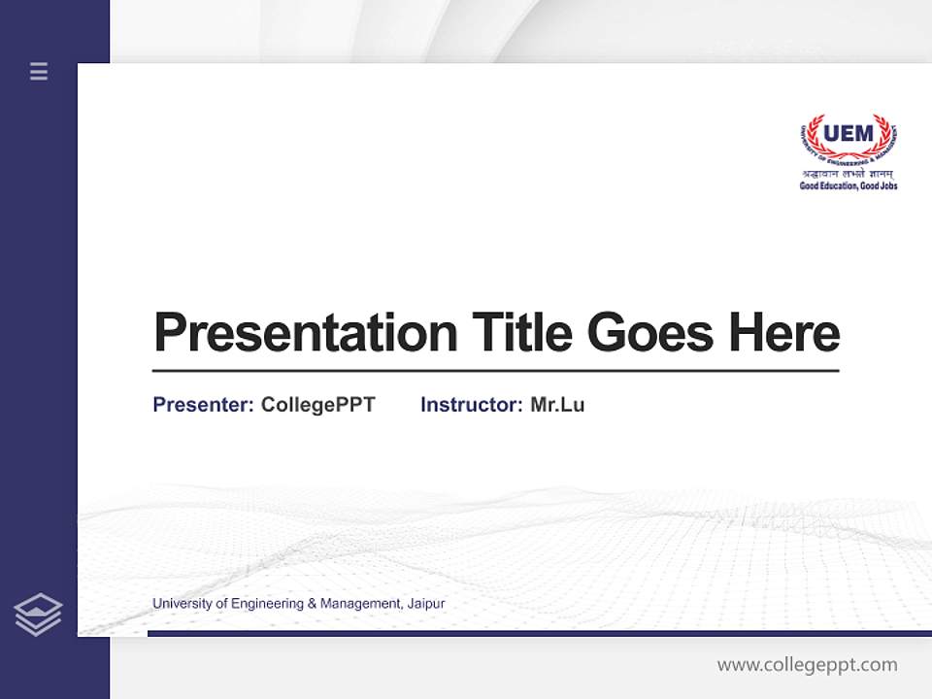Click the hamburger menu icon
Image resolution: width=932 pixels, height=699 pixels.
[x=39, y=71]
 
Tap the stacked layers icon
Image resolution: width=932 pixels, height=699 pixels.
[x=38, y=615]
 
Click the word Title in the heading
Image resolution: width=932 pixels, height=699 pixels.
[x=522, y=332]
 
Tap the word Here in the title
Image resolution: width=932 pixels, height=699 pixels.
[x=784, y=332]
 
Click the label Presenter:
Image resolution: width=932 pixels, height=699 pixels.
[x=203, y=405]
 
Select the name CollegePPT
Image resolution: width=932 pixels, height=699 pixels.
[x=318, y=405]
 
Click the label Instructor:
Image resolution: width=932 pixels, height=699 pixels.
[x=471, y=405]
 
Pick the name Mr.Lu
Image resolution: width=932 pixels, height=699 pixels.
[x=557, y=405]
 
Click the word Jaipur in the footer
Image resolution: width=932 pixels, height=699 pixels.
[x=425, y=604]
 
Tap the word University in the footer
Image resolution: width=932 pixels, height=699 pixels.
[x=182, y=604]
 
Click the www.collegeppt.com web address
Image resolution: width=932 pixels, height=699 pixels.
[x=807, y=665]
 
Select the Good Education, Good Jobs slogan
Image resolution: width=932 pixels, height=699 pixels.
[x=849, y=185]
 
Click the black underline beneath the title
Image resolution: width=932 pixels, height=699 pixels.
[x=495, y=370]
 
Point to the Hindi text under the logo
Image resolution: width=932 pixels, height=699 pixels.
[x=849, y=174]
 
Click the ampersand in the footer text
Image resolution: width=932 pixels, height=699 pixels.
[x=312, y=604]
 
